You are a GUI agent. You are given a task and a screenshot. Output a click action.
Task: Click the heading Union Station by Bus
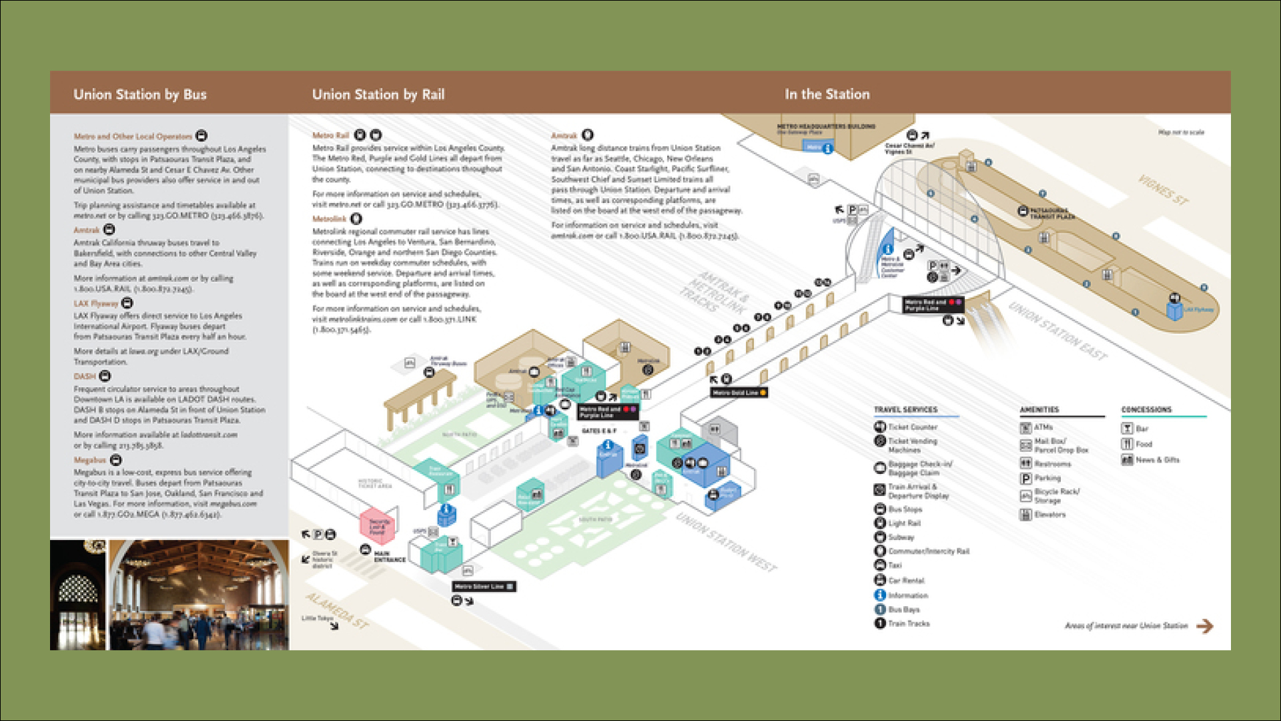140,95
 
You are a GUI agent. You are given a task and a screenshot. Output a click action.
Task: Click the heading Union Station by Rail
378,95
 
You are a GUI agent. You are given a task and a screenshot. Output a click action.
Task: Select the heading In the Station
827,95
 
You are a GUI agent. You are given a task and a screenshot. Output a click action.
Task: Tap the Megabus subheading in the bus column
90,460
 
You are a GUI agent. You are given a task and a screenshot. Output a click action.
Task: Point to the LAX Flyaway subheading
95,303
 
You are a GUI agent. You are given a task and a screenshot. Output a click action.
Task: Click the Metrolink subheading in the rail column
329,219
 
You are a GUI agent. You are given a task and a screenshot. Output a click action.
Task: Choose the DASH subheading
85,377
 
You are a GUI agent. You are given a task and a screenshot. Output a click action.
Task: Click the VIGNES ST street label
1162,191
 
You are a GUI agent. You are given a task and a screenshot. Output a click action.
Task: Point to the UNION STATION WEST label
726,542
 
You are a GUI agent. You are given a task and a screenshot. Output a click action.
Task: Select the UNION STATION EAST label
1057,331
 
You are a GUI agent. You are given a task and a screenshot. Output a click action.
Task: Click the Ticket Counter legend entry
912,427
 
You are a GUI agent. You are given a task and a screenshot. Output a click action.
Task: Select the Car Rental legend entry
905,581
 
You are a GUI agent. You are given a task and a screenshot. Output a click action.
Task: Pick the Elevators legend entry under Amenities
1049,515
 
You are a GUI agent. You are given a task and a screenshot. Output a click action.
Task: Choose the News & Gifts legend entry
1157,460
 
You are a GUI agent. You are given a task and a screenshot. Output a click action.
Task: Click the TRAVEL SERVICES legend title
905,409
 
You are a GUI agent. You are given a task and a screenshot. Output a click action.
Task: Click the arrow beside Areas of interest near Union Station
1204,626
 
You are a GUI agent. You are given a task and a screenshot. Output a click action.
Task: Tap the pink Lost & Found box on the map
377,527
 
